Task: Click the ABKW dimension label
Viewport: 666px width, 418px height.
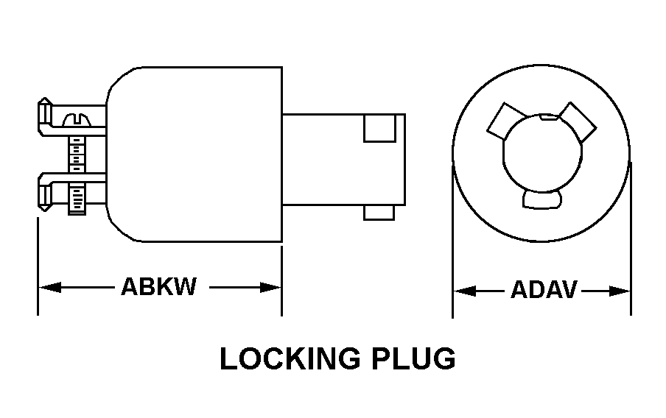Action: [158, 286]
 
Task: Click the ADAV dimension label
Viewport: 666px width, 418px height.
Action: [543, 290]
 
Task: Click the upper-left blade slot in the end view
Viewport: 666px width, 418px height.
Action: [505, 120]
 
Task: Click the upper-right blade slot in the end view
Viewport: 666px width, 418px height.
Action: [578, 120]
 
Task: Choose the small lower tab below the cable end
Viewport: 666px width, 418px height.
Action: [379, 212]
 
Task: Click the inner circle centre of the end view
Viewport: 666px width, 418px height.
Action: [541, 155]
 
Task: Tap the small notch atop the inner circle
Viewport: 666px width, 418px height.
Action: [549, 116]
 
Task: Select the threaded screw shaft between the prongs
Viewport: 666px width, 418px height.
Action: [75, 155]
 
